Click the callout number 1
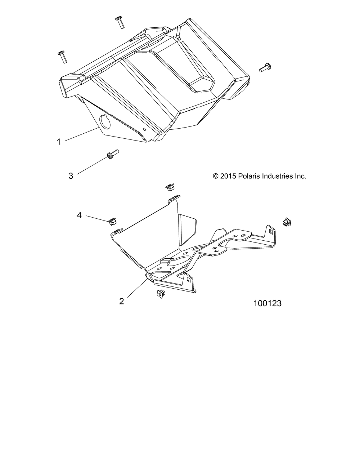click(59, 142)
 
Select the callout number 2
click(122, 301)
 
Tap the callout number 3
click(71, 176)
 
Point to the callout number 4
click(79, 215)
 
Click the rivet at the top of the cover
click(120, 22)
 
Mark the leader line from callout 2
click(135, 286)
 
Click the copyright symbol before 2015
click(216, 176)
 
